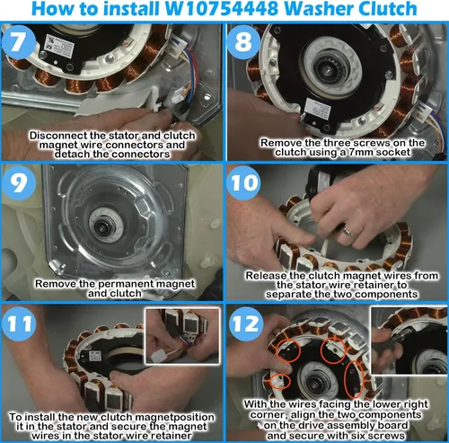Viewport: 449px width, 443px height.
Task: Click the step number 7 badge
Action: (19, 41)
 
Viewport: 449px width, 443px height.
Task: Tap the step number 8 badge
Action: (243, 41)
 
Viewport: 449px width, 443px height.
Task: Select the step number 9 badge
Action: (19, 182)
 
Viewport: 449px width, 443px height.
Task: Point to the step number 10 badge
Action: (243, 182)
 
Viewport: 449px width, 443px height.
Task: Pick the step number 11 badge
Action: (19, 323)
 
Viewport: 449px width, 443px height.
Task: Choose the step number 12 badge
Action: (246, 323)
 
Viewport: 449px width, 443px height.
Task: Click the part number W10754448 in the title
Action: (222, 8)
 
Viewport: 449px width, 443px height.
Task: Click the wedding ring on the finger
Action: (349, 232)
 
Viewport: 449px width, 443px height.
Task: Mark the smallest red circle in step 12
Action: (280, 381)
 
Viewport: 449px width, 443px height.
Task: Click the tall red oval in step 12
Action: (354, 378)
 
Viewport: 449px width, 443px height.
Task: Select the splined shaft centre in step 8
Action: (331, 68)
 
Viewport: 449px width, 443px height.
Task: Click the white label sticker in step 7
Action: (59, 47)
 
